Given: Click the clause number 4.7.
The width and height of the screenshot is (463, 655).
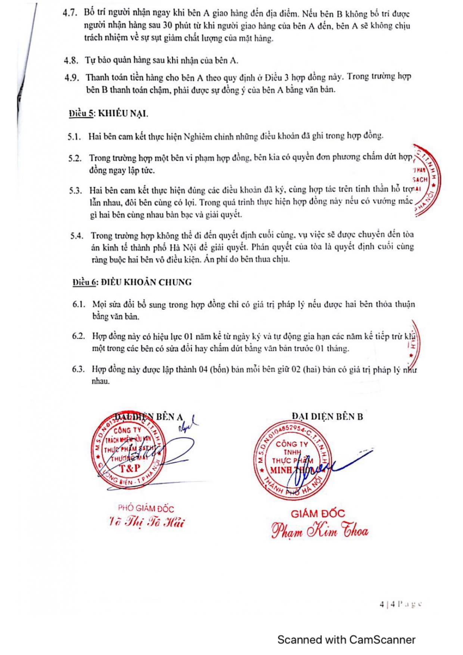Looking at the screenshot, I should point(70,13).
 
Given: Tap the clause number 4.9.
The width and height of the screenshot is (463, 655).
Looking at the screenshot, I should point(72,78).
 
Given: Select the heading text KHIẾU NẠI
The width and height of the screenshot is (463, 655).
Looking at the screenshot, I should point(123,113).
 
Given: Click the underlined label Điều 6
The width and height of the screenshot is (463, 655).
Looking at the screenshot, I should point(85,282).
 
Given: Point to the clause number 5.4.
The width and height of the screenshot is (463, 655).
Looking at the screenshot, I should point(77,236).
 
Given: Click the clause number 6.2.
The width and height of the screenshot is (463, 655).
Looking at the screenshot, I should point(78,336).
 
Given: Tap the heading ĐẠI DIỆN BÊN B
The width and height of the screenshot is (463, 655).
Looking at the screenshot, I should point(327,417).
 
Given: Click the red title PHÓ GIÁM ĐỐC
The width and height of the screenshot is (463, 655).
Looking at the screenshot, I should point(146,508).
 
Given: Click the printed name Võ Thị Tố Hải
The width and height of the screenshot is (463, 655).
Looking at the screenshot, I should point(146,522).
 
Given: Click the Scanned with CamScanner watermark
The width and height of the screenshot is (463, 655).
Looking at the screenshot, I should point(346,640).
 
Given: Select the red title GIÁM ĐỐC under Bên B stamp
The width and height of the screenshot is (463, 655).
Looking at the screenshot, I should point(318,514).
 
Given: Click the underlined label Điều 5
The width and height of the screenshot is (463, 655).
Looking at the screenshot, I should point(81,113).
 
